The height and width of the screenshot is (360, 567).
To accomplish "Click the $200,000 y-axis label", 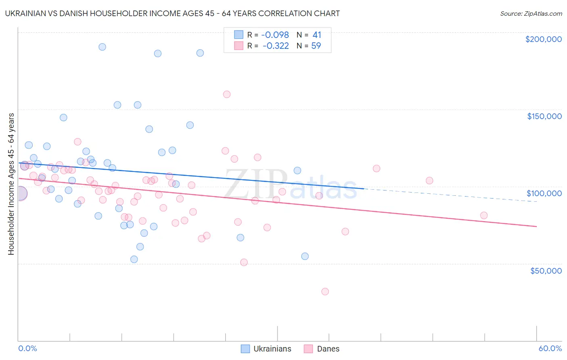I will point(543,39).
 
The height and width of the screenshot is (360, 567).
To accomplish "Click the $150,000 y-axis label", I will point(544,116).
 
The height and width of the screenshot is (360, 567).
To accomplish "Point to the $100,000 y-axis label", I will point(544,193).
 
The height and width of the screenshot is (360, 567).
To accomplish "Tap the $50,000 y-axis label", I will point(546,271).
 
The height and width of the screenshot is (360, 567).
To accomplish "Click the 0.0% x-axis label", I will point(27,349).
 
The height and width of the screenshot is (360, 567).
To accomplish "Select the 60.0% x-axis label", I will point(550,349).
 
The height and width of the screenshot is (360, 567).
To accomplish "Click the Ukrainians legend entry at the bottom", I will point(266,349).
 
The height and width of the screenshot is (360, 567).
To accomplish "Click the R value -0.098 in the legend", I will point(275,35).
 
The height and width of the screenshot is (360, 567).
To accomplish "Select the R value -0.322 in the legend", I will point(275,46).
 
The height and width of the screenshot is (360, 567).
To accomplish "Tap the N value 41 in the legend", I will point(317,35).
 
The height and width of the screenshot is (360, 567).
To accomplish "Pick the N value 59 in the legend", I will point(316,46).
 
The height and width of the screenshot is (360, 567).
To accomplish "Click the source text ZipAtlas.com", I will point(531,14).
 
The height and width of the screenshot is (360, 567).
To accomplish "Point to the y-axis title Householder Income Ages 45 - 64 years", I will point(11,184).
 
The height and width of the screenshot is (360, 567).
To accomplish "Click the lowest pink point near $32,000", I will point(325,291).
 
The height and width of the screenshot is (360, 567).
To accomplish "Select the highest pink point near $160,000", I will point(227,94).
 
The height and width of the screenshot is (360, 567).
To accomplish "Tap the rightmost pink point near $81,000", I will point(484,216).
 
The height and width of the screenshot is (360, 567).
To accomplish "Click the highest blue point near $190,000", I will point(102,47).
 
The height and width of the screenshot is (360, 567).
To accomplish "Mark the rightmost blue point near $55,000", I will point(305,256).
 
